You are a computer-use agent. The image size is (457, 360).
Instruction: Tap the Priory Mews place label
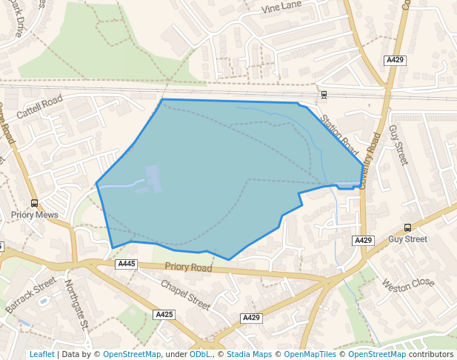pos(34,215)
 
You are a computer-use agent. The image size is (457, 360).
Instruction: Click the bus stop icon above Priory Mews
pos(34,203)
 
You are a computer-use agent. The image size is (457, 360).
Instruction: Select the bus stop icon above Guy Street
pos(407,227)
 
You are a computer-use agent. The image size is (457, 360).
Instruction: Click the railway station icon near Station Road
pos(324,95)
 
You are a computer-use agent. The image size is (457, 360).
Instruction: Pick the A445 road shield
pos(127,264)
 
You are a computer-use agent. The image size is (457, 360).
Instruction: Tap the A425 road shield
pos(164,315)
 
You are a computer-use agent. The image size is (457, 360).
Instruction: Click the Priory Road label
pos(188,267)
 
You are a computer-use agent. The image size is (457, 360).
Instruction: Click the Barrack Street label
pos(30,294)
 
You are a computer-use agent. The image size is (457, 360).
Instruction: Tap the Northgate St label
pos(76,304)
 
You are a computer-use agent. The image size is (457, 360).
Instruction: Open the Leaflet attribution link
pos(42,354)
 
